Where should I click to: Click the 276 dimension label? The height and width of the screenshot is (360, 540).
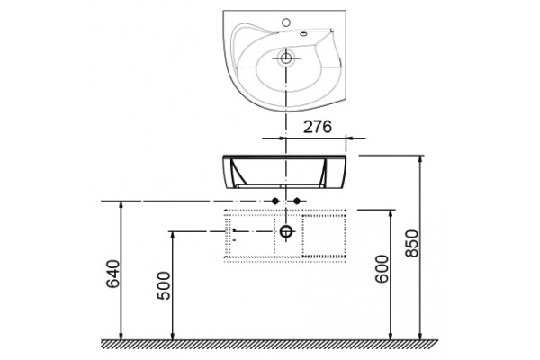pyautogui.click(x=317, y=127)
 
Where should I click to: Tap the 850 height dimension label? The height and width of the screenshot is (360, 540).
pyautogui.click(x=412, y=244)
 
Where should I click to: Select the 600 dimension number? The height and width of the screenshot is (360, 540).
pyautogui.click(x=382, y=269)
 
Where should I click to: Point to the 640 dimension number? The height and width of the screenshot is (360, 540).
pyautogui.click(x=113, y=274)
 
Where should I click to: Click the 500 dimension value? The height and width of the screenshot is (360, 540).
pyautogui.click(x=164, y=285)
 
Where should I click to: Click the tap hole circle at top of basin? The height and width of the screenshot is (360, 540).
pyautogui.click(x=286, y=22)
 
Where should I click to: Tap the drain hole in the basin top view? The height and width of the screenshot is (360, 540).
pyautogui.click(x=286, y=58)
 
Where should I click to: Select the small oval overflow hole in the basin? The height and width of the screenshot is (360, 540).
pyautogui.click(x=303, y=34)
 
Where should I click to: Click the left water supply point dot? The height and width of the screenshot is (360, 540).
pyautogui.click(x=274, y=201)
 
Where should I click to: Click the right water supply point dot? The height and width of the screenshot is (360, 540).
pyautogui.click(x=297, y=201)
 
